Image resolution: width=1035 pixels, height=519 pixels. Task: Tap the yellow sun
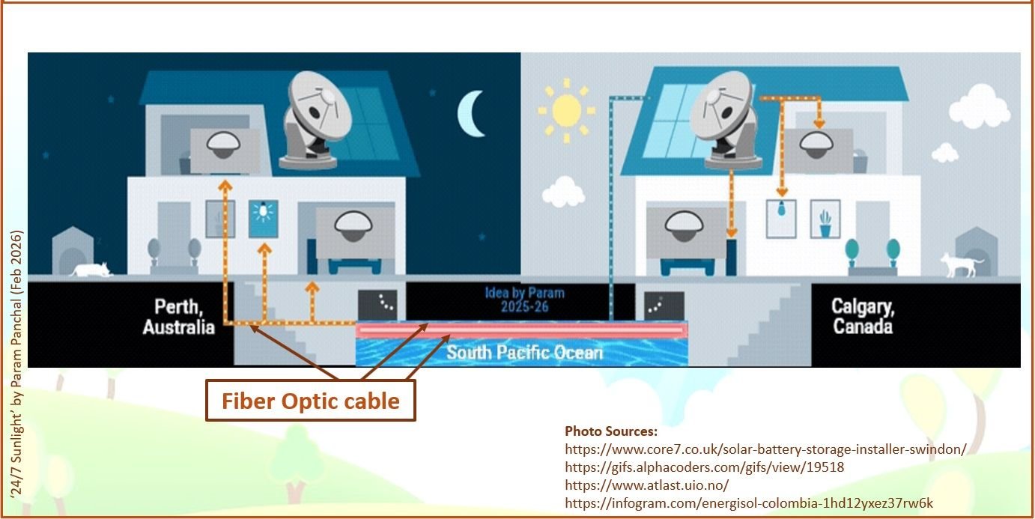point(566,113)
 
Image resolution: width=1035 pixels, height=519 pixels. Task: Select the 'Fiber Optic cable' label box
point(310,401)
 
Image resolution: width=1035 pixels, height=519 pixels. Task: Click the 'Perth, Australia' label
point(178,316)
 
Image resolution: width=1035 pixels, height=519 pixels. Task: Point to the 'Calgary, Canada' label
point(863,316)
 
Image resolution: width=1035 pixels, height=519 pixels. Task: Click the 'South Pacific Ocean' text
point(524,352)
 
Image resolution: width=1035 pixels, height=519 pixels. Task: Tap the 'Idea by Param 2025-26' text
point(524,300)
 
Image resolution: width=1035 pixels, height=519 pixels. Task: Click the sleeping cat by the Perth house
point(90,269)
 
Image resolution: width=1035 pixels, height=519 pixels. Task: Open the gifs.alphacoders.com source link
point(705,467)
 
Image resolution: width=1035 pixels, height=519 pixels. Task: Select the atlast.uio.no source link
point(646,485)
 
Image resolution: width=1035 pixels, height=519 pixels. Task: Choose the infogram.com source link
point(749,503)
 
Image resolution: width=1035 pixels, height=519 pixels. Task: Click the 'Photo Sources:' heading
point(611,431)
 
